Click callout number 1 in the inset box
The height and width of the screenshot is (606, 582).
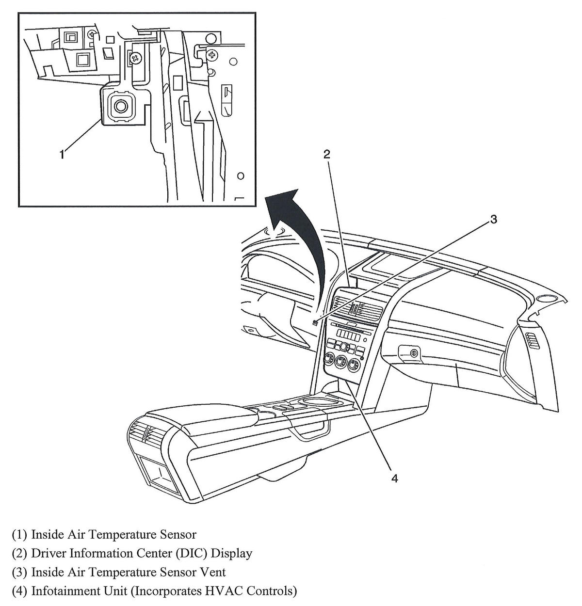tap(62, 154)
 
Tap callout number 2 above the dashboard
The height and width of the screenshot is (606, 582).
tap(327, 154)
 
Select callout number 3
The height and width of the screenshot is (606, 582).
tap(493, 219)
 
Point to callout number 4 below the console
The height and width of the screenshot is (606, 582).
tap(394, 478)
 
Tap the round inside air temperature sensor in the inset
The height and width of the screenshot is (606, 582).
tap(119, 106)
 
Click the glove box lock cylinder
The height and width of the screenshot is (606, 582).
tap(413, 353)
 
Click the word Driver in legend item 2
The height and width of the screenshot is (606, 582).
tap(48, 553)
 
